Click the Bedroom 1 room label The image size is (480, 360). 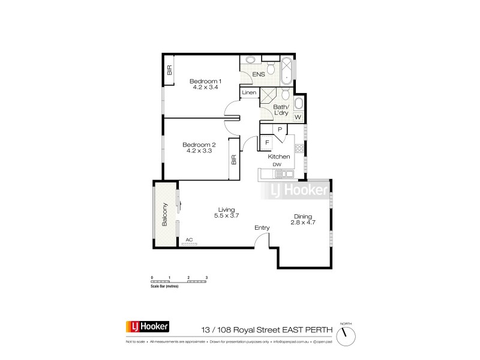pos(206,82)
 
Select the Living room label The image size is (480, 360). pos(226,209)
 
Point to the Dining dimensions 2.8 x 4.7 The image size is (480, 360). pos(304,223)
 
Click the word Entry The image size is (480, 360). pos(262,228)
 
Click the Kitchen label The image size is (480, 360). pos(279,157)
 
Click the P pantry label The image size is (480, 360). pos(280,129)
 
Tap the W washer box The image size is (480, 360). pos(298,116)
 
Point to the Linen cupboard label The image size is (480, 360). pos(250,93)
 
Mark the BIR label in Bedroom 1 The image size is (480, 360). pos(170,71)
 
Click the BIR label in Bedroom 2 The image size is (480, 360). pos(234,160)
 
